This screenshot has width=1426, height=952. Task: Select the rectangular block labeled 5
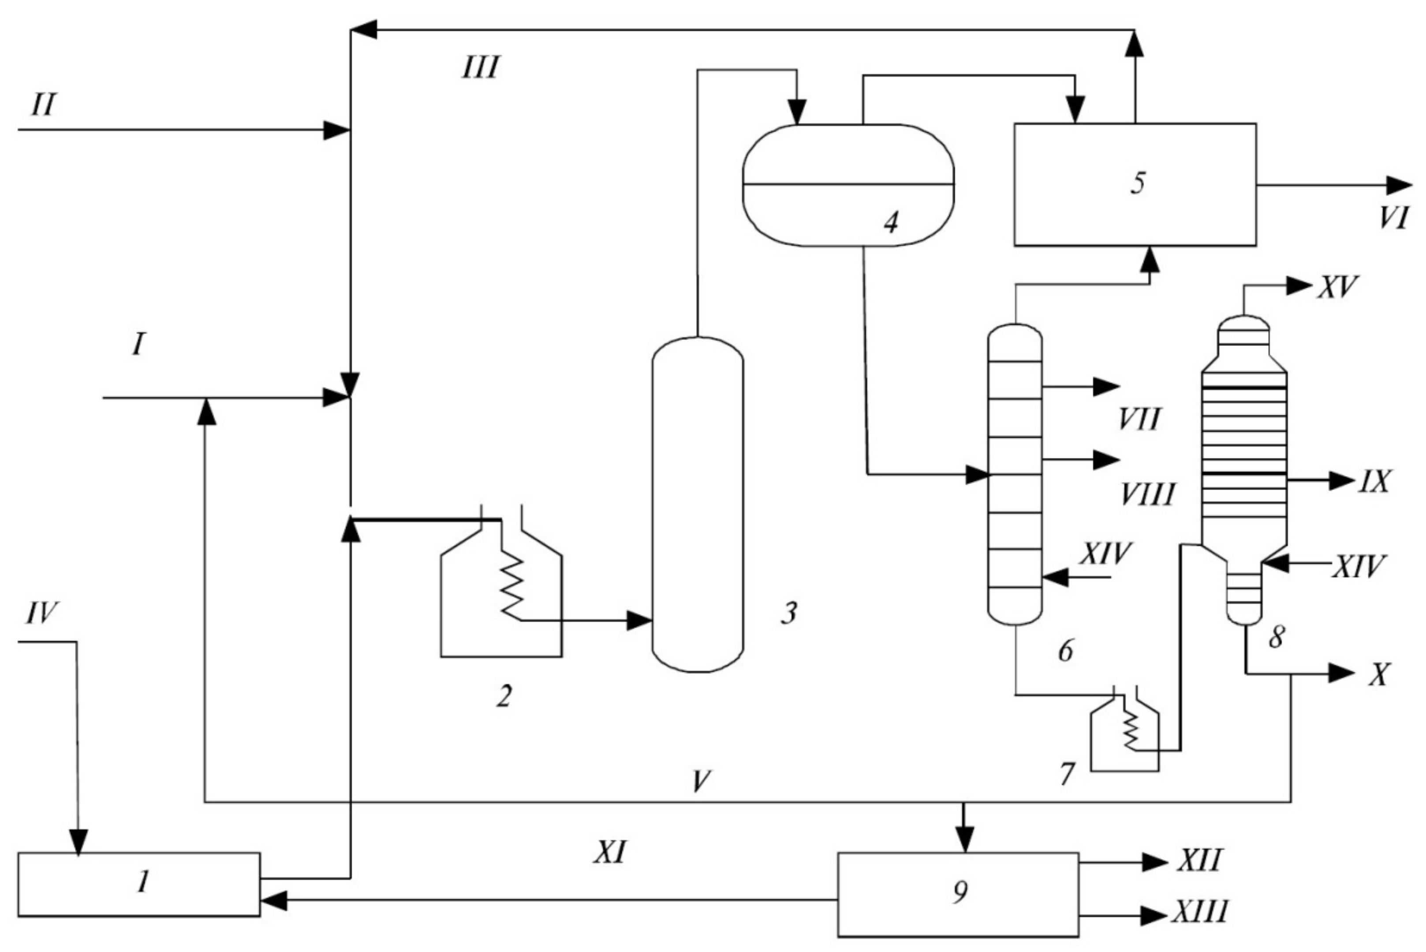click(1135, 185)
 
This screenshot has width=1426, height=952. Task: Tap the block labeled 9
click(958, 894)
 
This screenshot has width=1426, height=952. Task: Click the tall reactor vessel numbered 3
click(697, 504)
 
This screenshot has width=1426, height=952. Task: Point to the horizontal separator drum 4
click(848, 185)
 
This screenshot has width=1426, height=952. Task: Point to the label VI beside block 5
click(1393, 217)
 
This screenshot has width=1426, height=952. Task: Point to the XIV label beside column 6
click(1105, 553)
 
